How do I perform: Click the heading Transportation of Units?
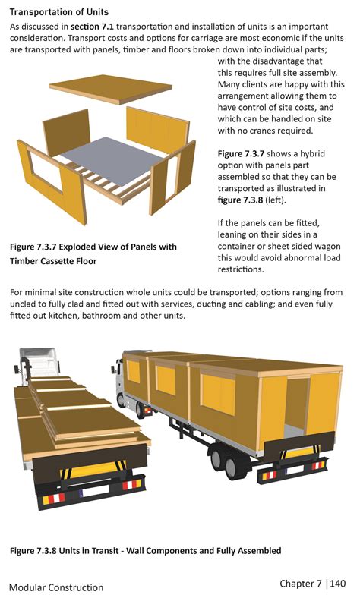[x=59, y=12]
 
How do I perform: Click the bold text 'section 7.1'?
[x=92, y=27]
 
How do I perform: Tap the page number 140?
[x=338, y=583]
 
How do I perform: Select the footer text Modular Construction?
[x=56, y=587]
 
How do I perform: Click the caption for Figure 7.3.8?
[x=146, y=551]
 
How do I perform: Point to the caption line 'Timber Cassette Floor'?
[x=53, y=261]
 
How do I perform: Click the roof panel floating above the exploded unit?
[x=110, y=89]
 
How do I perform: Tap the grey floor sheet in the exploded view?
[x=111, y=160]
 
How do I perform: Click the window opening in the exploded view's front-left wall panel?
[x=47, y=170]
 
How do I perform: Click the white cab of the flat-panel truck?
[x=39, y=360]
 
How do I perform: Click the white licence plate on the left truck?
[x=95, y=491]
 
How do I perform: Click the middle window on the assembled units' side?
[x=166, y=380]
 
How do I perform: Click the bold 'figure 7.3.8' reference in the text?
[x=240, y=200]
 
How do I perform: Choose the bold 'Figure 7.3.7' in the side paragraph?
[x=241, y=154]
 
